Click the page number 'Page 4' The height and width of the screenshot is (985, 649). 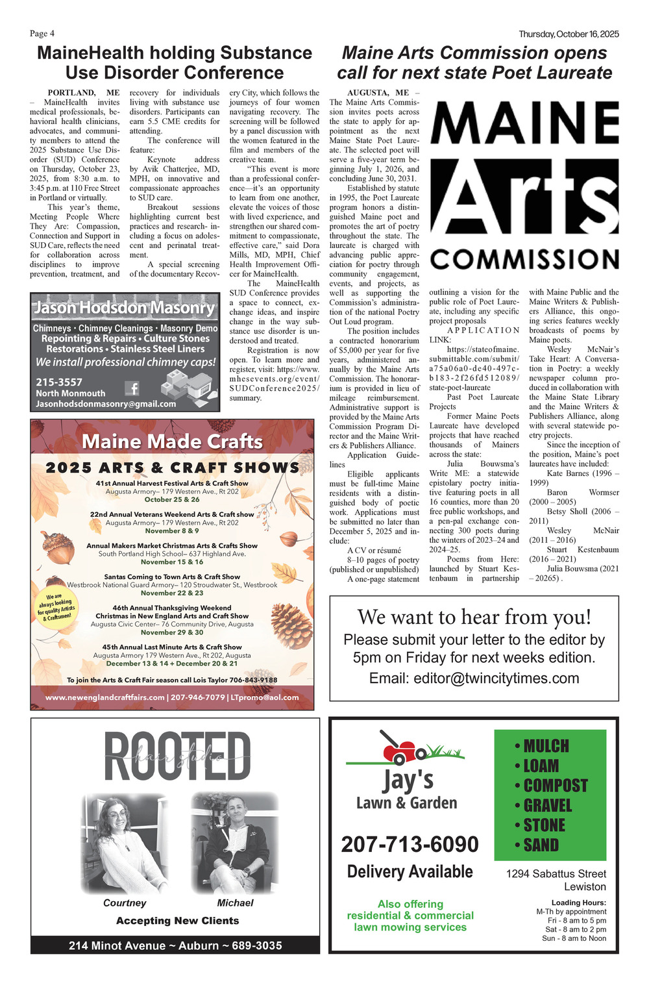click(x=42, y=34)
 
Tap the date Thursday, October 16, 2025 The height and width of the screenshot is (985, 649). click(x=569, y=34)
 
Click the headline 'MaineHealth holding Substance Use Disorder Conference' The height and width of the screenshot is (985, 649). click(x=175, y=62)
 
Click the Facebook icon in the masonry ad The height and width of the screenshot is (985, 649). click(x=132, y=388)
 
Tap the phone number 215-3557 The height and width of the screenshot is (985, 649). click(x=59, y=382)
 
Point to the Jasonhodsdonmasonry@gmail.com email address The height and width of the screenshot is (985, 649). click(x=106, y=404)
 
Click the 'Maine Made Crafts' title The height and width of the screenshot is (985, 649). click(x=172, y=442)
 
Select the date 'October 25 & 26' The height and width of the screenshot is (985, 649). click(x=172, y=500)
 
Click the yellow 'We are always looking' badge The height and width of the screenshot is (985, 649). click(x=56, y=606)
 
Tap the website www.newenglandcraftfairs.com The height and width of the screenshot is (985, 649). click(x=105, y=697)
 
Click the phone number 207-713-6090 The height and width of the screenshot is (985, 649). click(x=410, y=844)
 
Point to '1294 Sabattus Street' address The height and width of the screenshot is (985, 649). click(x=556, y=874)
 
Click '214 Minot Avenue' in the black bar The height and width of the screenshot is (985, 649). click(x=117, y=945)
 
